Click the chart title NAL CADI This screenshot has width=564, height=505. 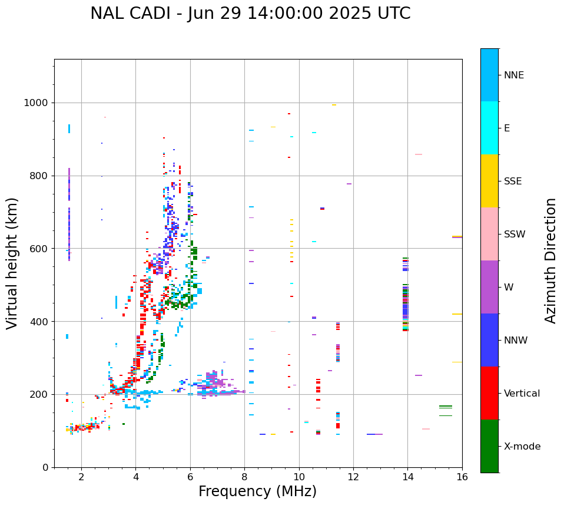[x=250, y=14]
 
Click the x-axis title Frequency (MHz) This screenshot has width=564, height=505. [x=257, y=491]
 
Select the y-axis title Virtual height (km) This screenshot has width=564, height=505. [x=13, y=263]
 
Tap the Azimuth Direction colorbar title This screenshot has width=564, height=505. [x=550, y=260]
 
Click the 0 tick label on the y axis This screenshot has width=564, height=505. [x=45, y=467]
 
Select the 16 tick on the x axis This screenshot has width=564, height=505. [x=462, y=476]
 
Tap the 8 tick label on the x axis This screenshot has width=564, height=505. [x=244, y=476]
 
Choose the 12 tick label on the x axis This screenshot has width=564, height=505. [x=353, y=476]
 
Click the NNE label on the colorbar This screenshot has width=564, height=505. [x=513, y=75]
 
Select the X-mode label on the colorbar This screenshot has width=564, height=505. [x=522, y=447]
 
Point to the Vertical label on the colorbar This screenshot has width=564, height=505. [x=522, y=394]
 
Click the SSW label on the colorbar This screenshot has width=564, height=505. [x=515, y=235]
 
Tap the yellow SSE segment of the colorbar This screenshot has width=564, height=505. [x=489, y=181]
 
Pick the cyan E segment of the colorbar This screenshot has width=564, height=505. [x=489, y=128]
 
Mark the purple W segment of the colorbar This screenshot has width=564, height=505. [x=489, y=287]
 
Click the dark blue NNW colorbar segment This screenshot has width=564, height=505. [x=489, y=340]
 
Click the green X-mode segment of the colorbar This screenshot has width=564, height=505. [x=489, y=446]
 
